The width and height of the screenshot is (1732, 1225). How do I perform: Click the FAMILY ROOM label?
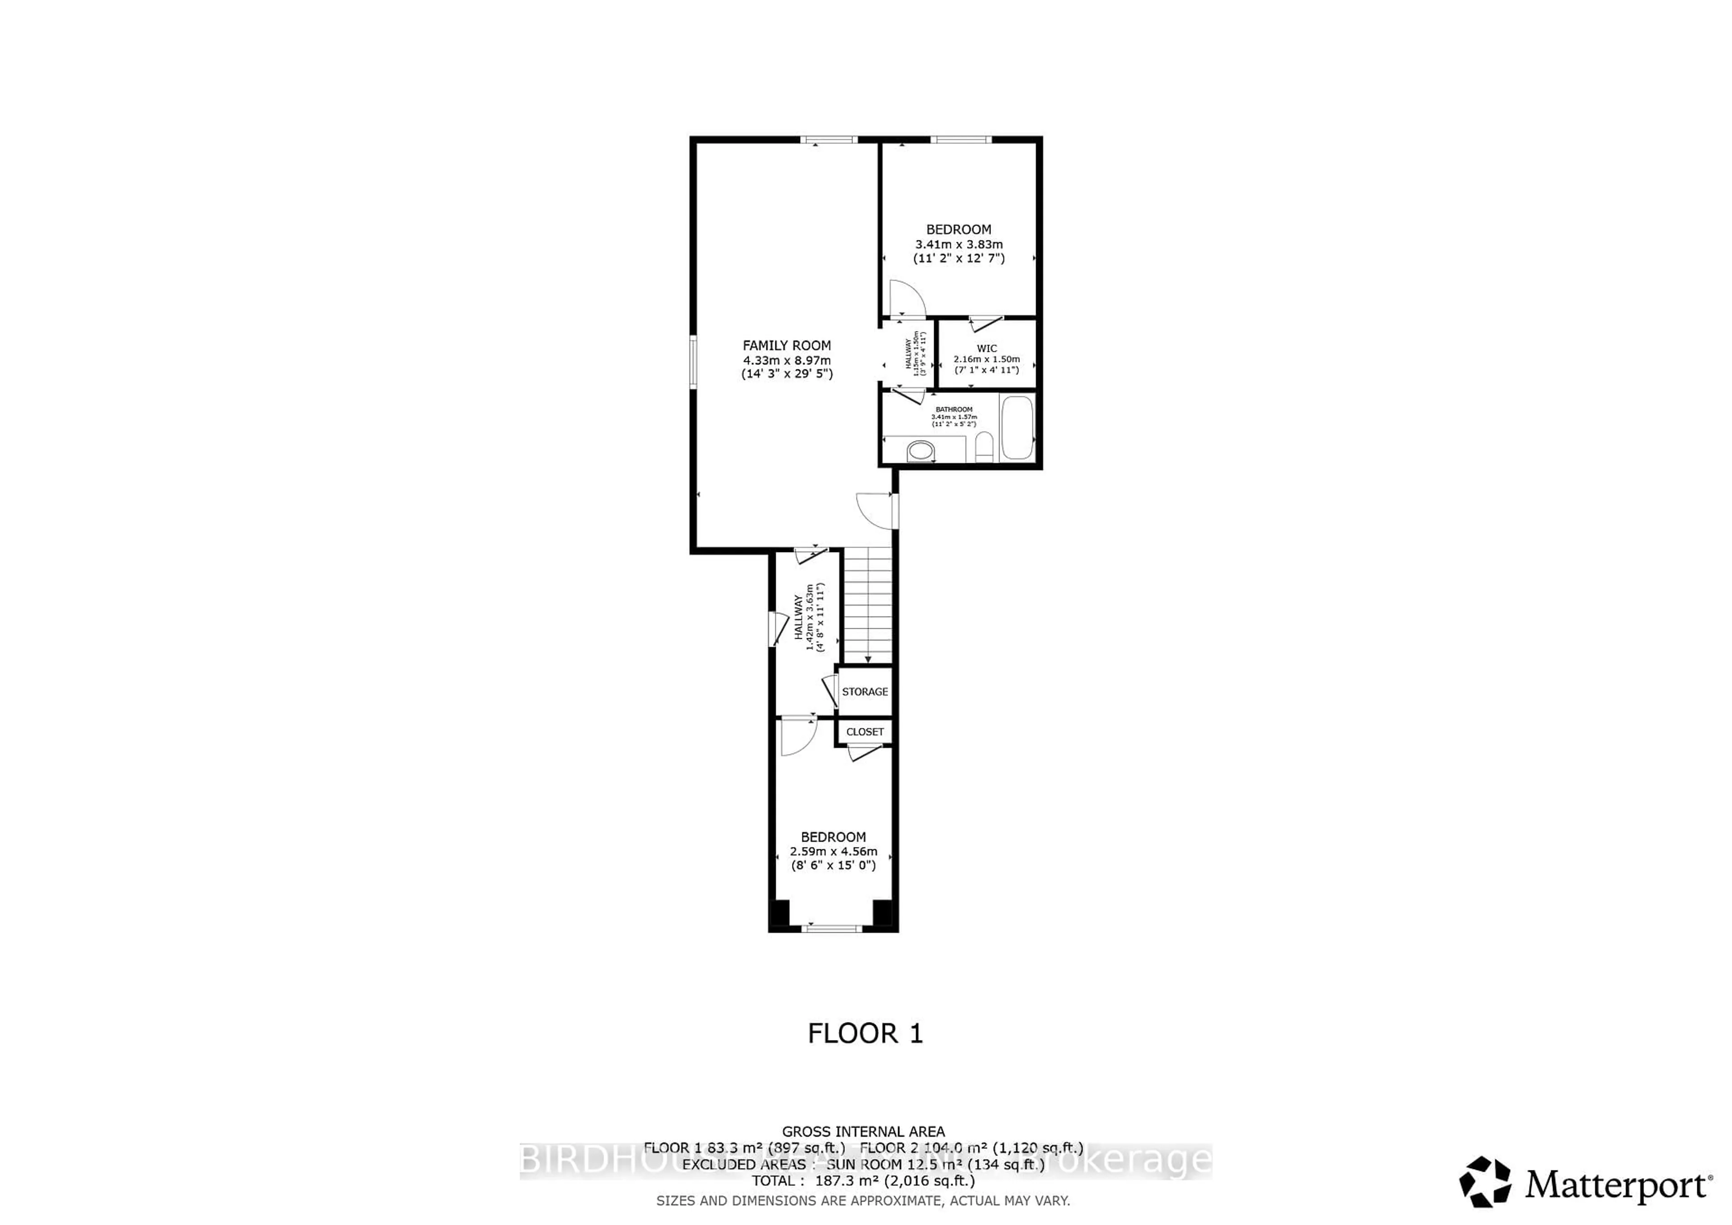click(x=786, y=345)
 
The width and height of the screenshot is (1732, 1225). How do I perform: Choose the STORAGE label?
click(x=865, y=692)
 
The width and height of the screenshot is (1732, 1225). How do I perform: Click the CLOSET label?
click(x=865, y=732)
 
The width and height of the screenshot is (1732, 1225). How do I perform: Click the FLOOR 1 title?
click(x=865, y=1033)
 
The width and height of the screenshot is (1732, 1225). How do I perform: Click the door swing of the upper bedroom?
click(x=906, y=298)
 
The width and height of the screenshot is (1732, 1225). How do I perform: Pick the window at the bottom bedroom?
click(x=832, y=929)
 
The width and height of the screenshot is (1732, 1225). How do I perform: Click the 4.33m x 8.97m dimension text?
click(x=786, y=360)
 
